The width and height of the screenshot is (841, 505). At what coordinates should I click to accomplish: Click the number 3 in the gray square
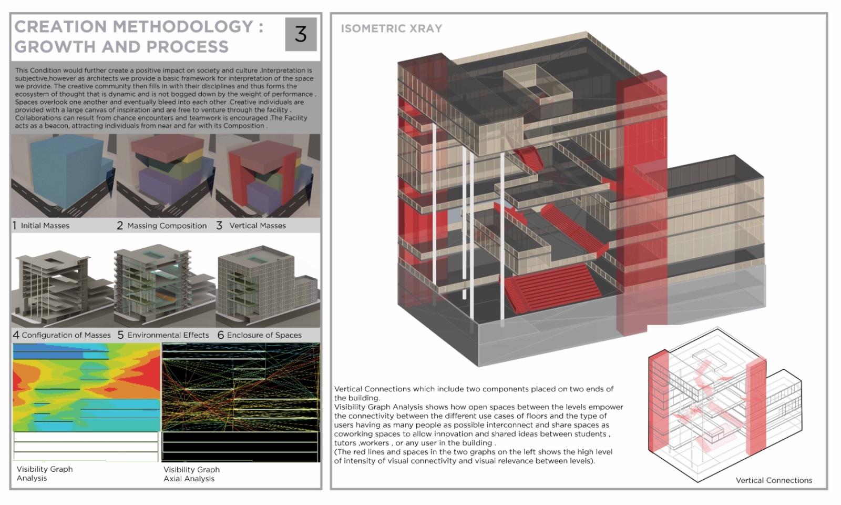[301, 34]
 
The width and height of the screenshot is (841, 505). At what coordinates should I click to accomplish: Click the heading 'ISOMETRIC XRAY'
[392, 28]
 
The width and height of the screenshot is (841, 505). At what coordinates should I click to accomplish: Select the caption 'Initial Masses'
[45, 226]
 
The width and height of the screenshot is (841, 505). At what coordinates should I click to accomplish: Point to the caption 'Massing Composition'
[167, 226]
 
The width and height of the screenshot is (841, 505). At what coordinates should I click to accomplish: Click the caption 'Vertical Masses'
[258, 226]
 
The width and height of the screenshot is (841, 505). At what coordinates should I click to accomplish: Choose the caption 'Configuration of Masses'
[66, 335]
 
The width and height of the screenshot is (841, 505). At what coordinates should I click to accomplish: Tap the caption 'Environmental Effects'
[168, 335]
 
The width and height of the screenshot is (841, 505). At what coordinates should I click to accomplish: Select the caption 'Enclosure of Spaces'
[264, 335]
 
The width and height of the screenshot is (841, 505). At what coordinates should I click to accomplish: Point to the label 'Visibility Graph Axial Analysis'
[191, 474]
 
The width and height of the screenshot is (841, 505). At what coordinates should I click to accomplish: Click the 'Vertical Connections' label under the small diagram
[774, 481]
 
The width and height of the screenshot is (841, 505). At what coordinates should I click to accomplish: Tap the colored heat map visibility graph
[86, 387]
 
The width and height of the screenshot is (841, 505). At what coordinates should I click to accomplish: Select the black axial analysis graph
[241, 402]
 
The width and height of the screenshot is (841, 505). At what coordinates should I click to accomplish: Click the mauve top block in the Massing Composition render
[168, 149]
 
